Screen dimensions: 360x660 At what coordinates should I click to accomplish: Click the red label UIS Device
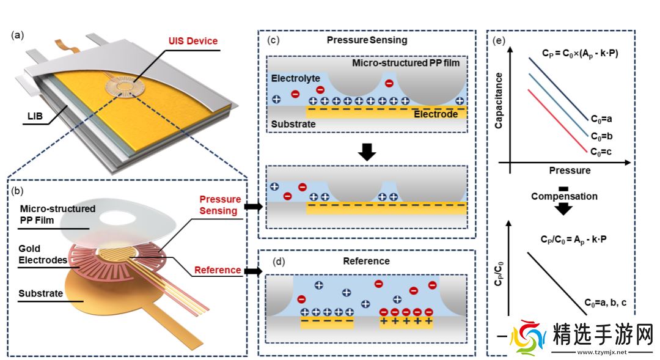pyautogui.click(x=193, y=41)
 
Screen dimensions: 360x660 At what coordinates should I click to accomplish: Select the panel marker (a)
pyautogui.click(x=18, y=35)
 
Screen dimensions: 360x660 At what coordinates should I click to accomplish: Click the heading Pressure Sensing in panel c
pyautogui.click(x=367, y=40)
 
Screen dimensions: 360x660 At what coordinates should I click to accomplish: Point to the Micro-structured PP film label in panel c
pyautogui.click(x=406, y=63)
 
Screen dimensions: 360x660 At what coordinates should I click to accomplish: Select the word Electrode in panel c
pyautogui.click(x=436, y=114)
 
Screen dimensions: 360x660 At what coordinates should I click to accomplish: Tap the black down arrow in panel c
pyautogui.click(x=366, y=151)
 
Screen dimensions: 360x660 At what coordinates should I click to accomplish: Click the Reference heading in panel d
pyautogui.click(x=366, y=261)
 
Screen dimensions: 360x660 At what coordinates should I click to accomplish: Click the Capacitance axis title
pyautogui.click(x=499, y=100)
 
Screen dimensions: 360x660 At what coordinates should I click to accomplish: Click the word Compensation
pyautogui.click(x=564, y=196)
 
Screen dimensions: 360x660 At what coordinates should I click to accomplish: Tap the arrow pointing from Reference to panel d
pyautogui.click(x=252, y=270)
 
